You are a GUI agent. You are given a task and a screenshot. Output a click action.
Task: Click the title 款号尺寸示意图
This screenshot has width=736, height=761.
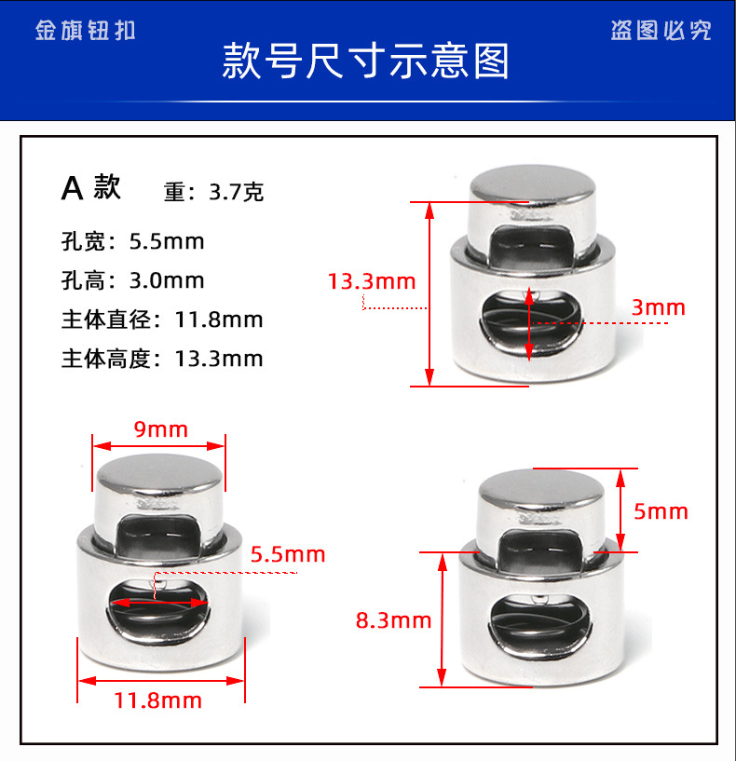[366, 61]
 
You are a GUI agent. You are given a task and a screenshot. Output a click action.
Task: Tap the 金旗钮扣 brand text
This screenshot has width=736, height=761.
[86, 30]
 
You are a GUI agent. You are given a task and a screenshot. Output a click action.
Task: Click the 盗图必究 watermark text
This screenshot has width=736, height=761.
[661, 31]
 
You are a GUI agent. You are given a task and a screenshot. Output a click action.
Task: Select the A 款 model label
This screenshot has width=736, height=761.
[91, 188]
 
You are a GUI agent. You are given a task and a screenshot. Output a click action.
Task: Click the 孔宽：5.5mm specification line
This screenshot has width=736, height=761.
[132, 242]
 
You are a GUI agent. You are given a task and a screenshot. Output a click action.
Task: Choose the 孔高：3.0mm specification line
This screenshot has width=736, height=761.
[132, 280]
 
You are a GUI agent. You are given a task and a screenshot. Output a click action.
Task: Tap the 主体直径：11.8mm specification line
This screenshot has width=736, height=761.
[162, 319]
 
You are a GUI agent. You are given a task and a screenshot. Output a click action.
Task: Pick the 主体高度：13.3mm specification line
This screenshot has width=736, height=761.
[162, 359]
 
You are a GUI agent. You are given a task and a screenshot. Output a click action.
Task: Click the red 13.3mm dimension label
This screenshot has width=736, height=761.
[372, 280]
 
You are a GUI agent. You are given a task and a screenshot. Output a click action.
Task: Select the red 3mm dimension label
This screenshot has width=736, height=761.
[658, 307]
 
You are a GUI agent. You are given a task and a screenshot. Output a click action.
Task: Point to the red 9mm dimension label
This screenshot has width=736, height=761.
[160, 429]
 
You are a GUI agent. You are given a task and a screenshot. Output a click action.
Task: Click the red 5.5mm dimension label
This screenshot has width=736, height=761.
[288, 555]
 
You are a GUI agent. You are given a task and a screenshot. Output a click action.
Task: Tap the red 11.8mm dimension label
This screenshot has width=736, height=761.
[160, 700]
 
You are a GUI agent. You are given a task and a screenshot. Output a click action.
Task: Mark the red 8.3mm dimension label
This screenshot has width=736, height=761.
[393, 619]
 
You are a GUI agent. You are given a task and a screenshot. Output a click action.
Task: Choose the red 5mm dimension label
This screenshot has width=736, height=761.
[661, 511]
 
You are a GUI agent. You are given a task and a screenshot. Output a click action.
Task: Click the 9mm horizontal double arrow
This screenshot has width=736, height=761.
[159, 444]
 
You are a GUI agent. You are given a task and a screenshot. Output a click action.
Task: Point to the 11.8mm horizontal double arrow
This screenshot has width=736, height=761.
[161, 681]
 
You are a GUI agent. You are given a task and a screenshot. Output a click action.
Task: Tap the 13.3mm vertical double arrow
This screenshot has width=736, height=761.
[429, 292]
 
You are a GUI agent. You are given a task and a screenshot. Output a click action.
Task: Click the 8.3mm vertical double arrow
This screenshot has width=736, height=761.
[443, 619]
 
